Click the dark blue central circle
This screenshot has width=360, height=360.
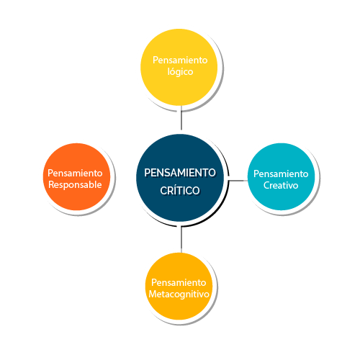point(180,178)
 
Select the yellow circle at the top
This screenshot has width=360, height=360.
point(179,68)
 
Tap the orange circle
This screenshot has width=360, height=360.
point(76,177)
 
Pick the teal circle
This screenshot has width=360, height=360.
point(281,177)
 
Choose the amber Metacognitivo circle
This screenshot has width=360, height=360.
point(179,286)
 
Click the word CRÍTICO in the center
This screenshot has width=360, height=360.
point(180,191)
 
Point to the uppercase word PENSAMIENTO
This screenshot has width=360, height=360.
point(180,173)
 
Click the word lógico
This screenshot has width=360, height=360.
point(180,72)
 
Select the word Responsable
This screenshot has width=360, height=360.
point(75,185)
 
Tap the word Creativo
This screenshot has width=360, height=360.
point(281,185)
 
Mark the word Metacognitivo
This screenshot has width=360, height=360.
point(179,294)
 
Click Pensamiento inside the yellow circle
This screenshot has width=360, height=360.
point(180,60)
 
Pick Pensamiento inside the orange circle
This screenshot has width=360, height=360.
point(75,173)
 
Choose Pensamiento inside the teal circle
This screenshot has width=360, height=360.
point(281,174)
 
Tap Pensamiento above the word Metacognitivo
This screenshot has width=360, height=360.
point(179,282)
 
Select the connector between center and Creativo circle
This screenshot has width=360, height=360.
point(238,181)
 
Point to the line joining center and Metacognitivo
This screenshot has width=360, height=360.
point(181,240)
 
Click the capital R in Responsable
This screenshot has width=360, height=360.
point(52,184)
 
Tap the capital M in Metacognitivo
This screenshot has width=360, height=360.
point(153,294)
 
